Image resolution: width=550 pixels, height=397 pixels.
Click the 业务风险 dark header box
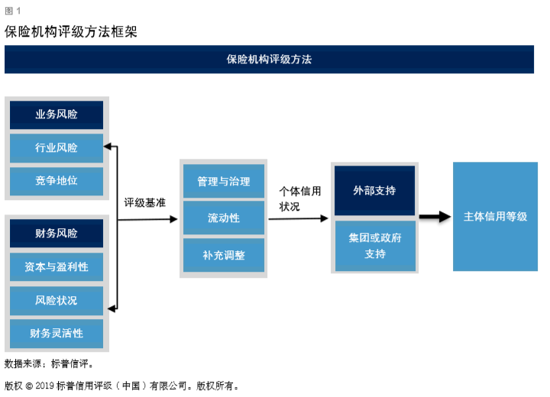click(x=57, y=115)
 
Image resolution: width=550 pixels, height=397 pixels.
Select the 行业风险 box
click(x=57, y=148)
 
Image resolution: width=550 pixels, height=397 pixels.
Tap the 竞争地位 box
click(x=57, y=181)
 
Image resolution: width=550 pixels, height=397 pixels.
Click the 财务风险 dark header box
click(x=57, y=233)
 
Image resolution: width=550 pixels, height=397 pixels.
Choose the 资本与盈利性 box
click(x=57, y=267)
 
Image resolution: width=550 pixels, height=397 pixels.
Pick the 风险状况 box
click(x=57, y=301)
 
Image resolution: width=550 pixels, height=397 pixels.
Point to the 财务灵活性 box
click(x=57, y=334)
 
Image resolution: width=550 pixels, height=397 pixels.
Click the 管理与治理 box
click(x=224, y=181)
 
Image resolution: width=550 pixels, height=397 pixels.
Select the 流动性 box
click(x=224, y=218)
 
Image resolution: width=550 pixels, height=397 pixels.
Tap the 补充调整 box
click(x=224, y=255)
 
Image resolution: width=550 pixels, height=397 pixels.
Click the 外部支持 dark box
click(x=374, y=190)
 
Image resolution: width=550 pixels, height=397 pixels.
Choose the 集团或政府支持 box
click(x=375, y=246)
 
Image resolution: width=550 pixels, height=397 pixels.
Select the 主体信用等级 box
click(x=495, y=216)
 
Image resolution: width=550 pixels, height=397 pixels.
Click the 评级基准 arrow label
click(x=145, y=203)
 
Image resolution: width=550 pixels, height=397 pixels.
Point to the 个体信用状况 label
click(x=300, y=198)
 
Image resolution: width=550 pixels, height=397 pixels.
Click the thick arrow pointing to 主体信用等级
click(x=435, y=216)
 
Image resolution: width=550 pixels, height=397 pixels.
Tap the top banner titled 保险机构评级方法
click(x=270, y=60)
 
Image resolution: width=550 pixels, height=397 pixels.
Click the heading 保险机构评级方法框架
click(x=71, y=31)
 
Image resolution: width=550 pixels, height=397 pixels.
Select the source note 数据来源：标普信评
click(x=49, y=363)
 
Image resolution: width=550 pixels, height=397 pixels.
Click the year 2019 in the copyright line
click(x=44, y=386)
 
